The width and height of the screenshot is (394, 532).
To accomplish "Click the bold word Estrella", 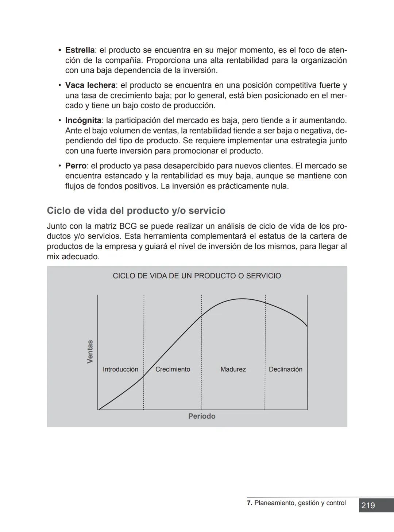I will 80,50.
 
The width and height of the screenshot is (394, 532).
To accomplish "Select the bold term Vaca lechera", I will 90,85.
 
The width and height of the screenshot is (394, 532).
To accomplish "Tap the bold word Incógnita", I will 83,120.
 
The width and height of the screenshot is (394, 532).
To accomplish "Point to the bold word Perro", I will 76,166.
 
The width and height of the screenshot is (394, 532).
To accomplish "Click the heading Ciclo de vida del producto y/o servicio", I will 136,211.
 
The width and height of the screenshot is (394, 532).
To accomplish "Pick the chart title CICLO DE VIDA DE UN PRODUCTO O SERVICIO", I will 197,276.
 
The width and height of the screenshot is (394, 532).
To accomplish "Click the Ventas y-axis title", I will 90,352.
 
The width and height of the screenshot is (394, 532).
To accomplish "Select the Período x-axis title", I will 202,416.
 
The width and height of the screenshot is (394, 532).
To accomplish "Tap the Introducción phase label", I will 120,369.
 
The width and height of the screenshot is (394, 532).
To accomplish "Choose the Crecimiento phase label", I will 173,369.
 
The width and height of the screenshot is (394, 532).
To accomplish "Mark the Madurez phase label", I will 233,369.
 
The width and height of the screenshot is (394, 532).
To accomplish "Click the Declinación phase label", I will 285,369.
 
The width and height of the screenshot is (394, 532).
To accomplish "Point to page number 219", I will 368,505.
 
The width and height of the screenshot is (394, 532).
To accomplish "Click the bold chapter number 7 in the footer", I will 249,503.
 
